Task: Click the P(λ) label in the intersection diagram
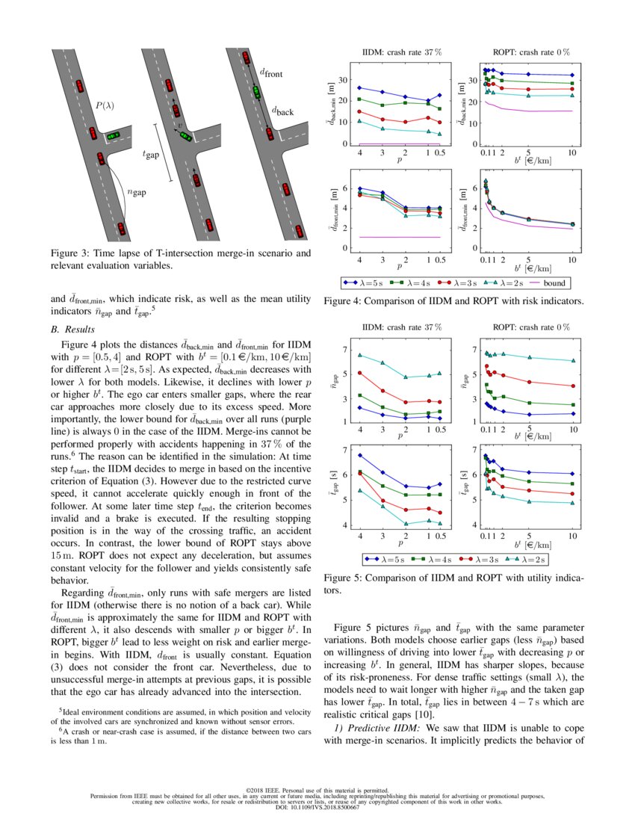tap(105, 106)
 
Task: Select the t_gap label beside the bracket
tap(151, 154)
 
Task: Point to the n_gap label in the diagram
tap(137, 192)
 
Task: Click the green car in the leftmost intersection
tap(112, 136)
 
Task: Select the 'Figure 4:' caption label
tap(346, 301)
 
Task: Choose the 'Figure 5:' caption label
tap(346, 578)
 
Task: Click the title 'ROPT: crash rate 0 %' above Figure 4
tap(531, 52)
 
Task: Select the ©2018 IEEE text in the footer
tap(317, 789)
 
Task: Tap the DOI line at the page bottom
tap(317, 808)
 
